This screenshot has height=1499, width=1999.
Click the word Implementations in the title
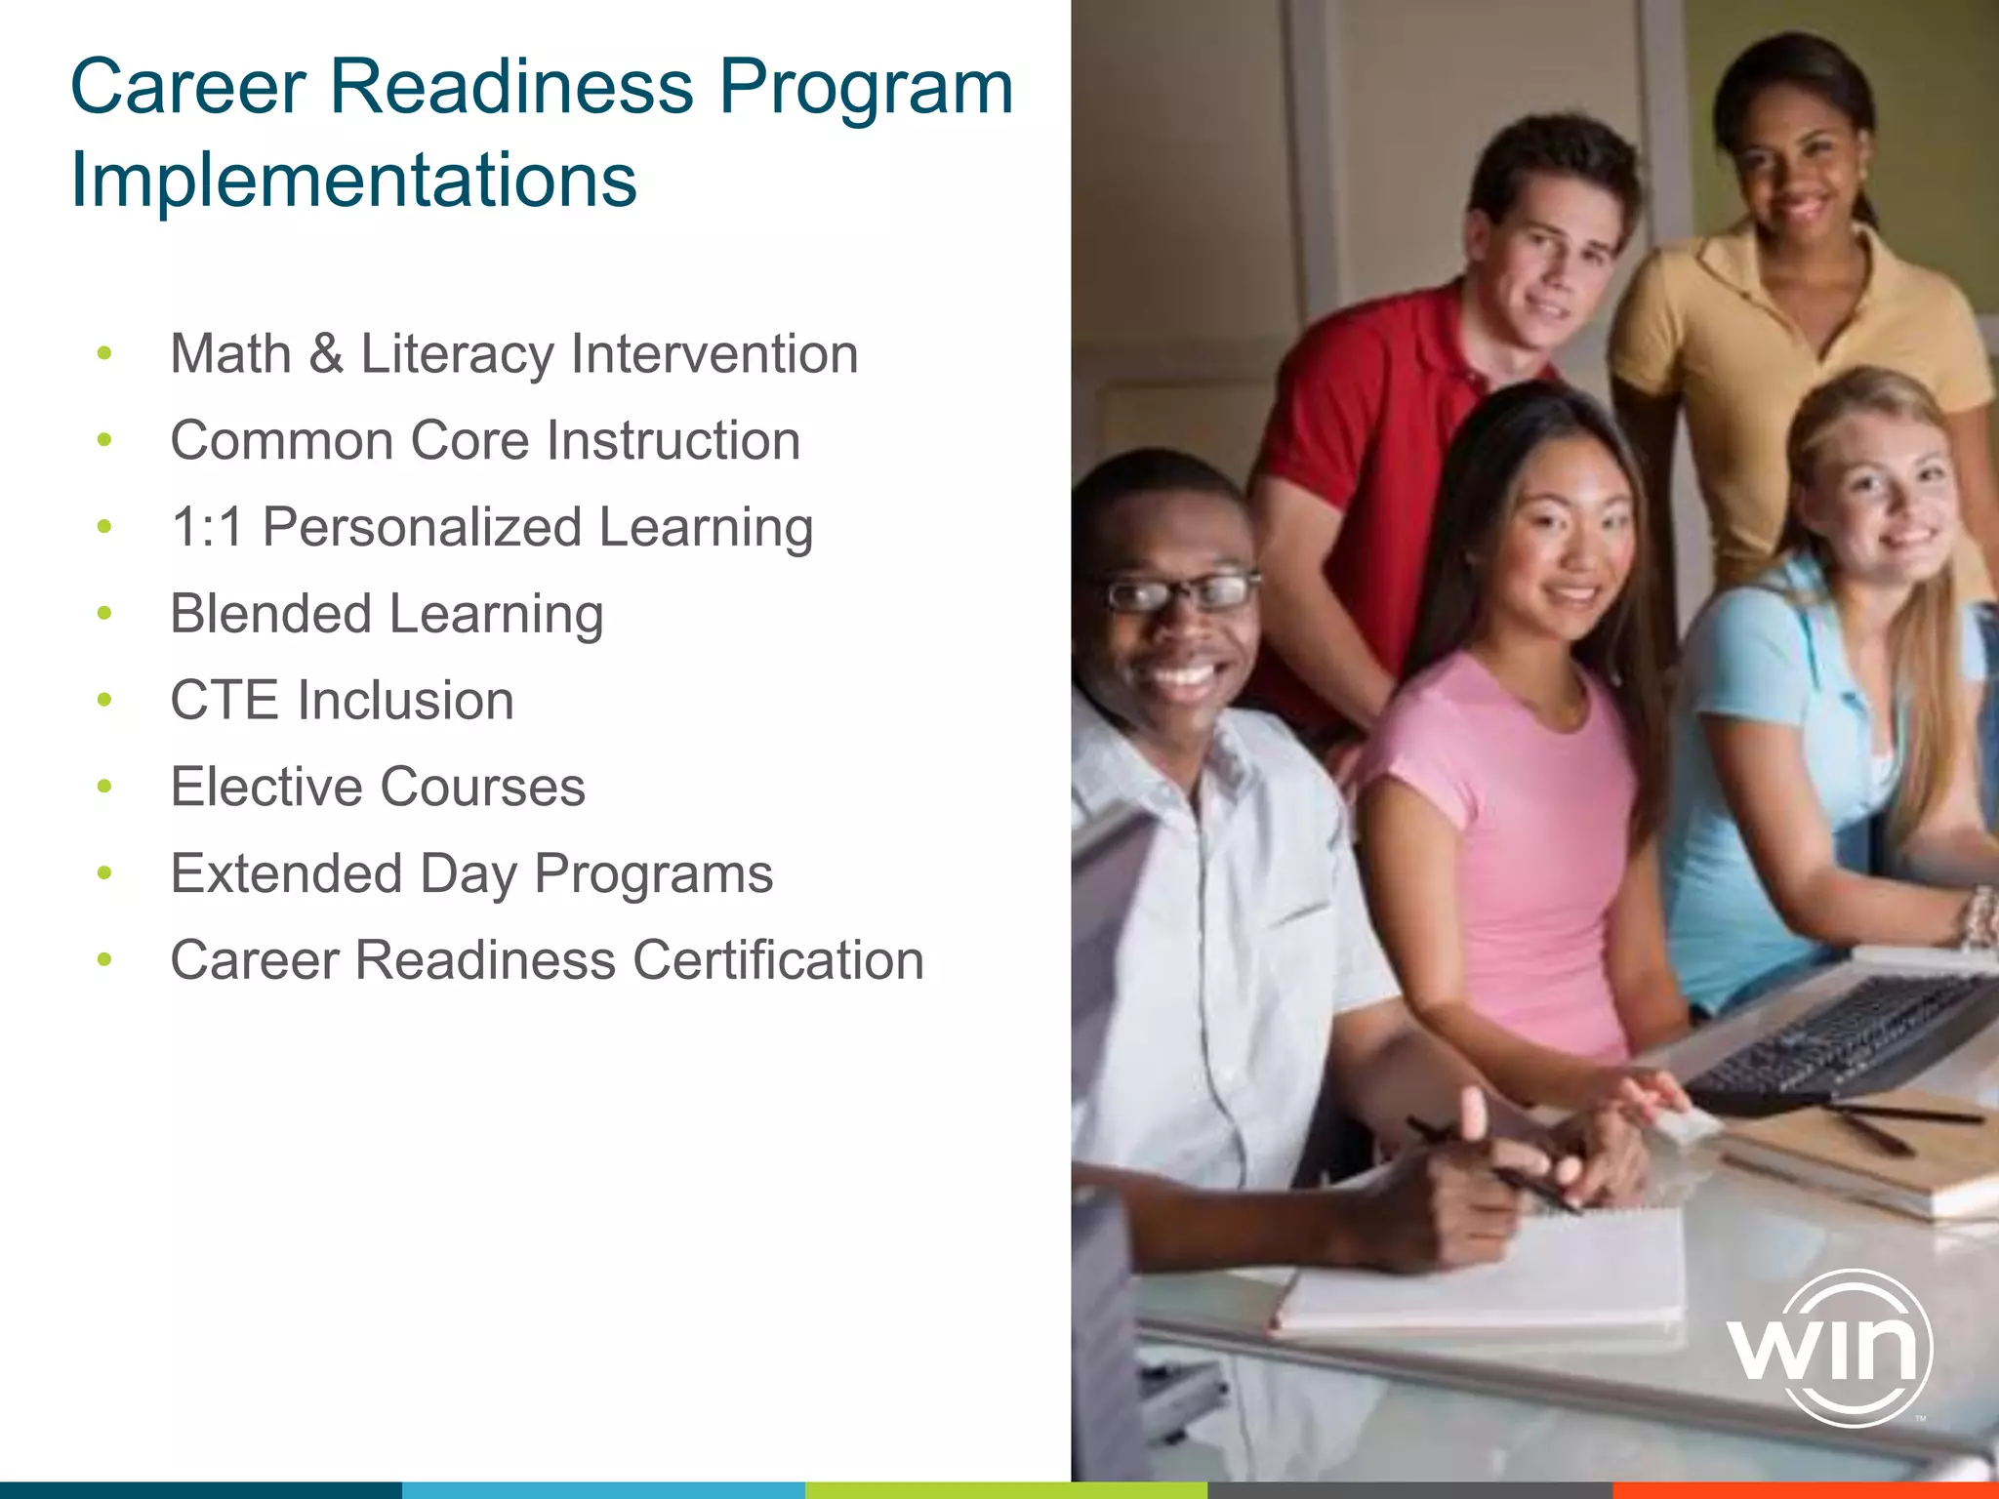(x=353, y=181)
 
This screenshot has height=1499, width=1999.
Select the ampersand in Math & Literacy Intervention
(x=326, y=353)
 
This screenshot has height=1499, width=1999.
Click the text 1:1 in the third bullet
(x=206, y=528)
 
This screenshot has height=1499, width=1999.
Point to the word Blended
(x=270, y=614)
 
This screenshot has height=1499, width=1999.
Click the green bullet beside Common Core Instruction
(x=104, y=441)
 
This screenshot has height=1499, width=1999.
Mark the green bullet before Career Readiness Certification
(x=104, y=960)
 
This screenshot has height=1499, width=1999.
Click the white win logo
(x=1827, y=1348)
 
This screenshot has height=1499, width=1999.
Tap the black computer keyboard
(x=1840, y=1039)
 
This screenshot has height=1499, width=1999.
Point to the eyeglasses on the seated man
(x=1179, y=592)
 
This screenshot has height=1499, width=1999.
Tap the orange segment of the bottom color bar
(x=1806, y=1489)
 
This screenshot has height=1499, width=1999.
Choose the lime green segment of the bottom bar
(x=1005, y=1489)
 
